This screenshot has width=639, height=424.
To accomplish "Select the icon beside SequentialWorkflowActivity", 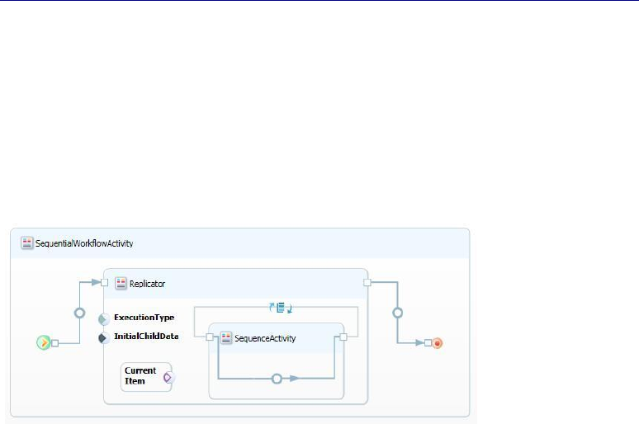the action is pos(27,243).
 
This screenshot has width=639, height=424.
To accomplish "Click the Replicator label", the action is pos(148,283).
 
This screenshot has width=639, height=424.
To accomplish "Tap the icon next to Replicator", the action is pos(121,283).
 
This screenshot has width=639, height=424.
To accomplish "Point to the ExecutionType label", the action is pos(144,317).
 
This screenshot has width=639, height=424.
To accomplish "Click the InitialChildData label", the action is pos(146,337).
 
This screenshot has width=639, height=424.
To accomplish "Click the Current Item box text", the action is pos(140,375).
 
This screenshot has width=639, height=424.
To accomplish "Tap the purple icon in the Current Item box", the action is pos(168,377).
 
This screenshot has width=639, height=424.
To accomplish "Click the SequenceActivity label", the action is pos(265,337).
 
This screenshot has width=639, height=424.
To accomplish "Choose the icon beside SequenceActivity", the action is pos(226,337).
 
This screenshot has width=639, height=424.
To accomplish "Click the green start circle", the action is pos(44,342).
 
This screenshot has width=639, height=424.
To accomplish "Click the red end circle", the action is pos(438,342).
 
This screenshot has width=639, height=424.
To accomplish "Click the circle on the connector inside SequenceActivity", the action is pos(277,379).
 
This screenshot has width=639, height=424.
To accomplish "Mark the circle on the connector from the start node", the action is pos(80,313).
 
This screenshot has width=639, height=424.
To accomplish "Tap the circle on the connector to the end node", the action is pos(398,313).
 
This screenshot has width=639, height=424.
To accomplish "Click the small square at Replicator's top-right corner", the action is pos(367,282).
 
